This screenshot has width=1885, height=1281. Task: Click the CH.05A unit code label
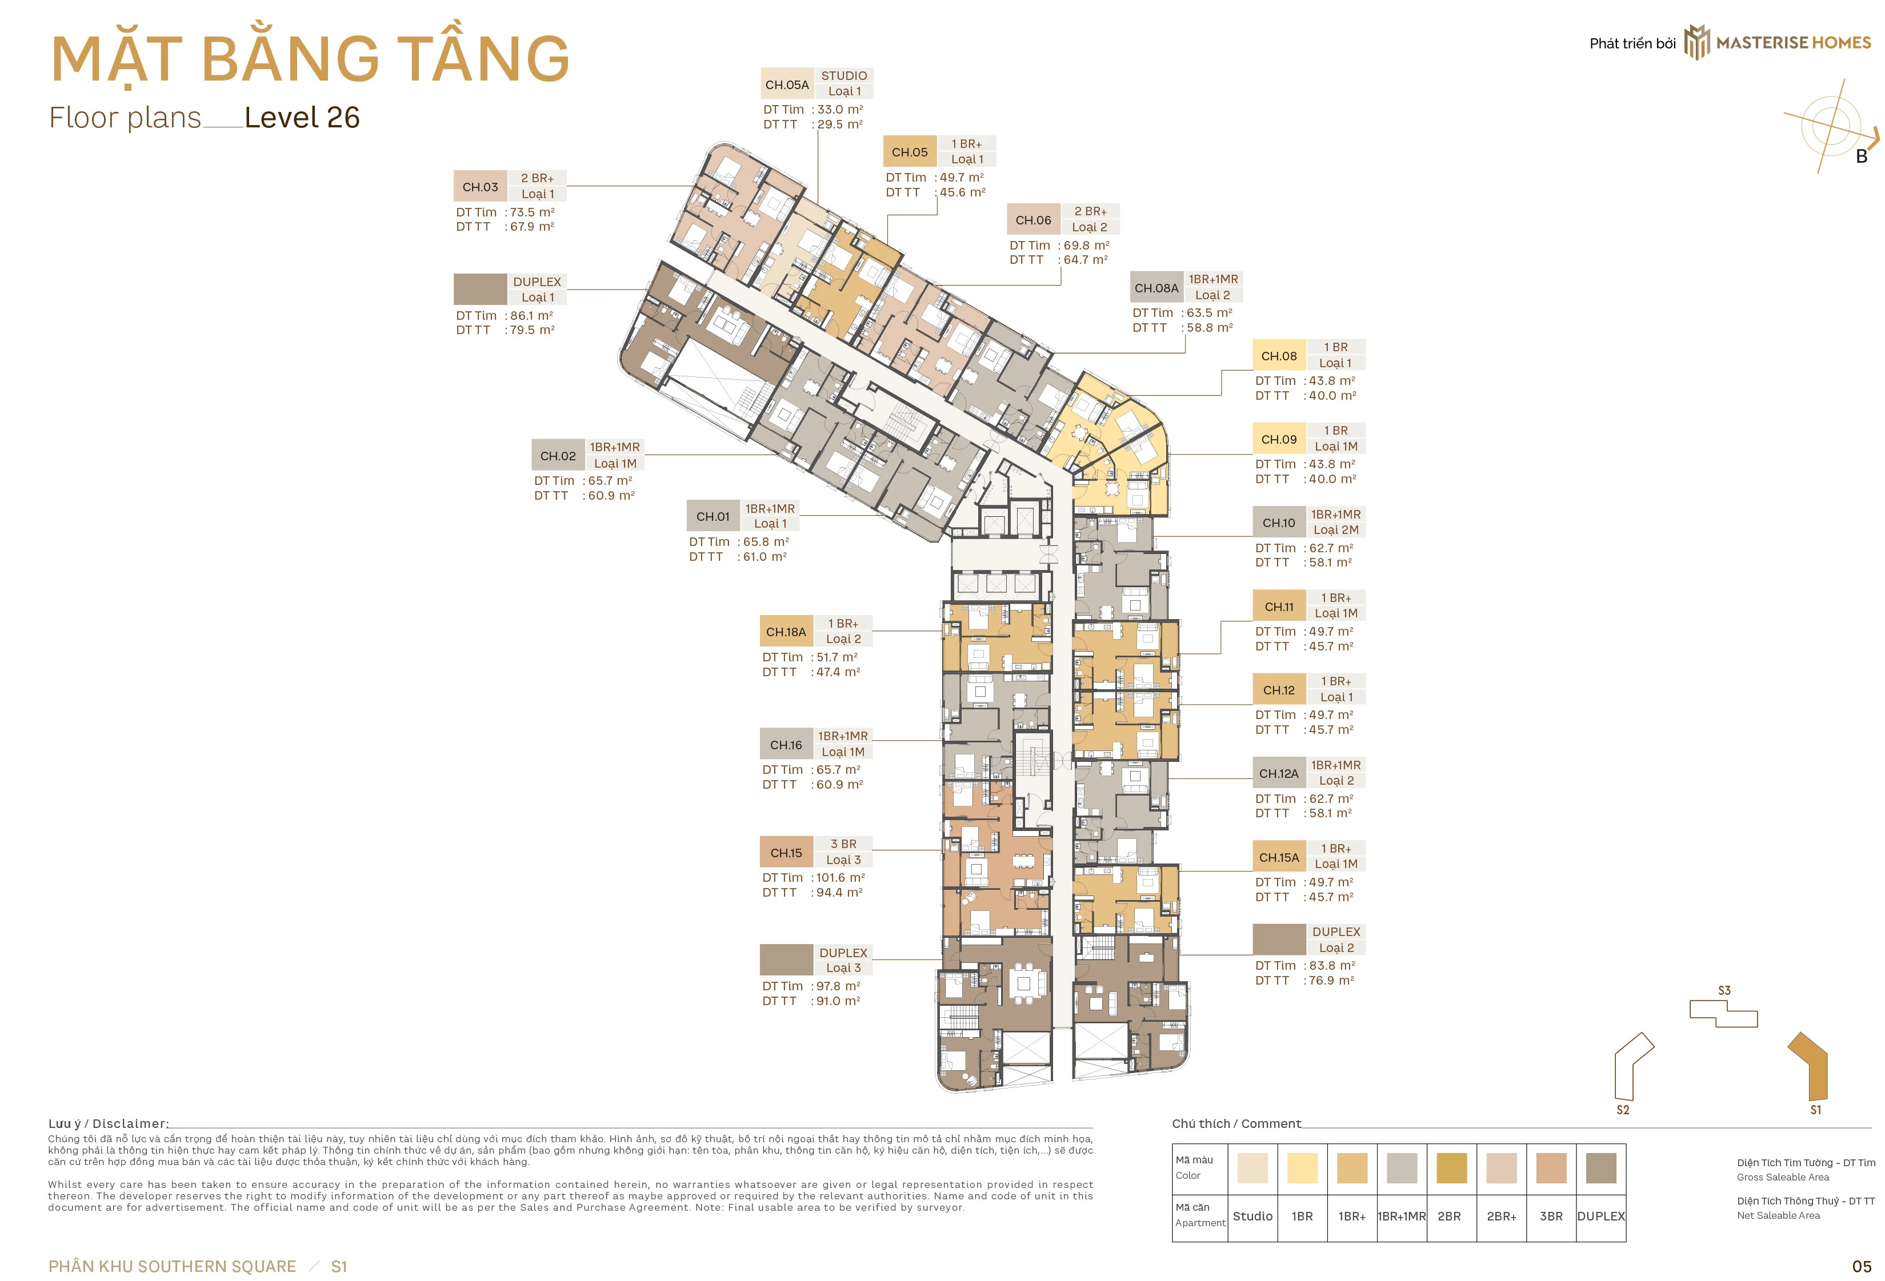[787, 85]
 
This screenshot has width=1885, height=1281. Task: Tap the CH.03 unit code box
[480, 187]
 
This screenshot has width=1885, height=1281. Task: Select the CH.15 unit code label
[786, 853]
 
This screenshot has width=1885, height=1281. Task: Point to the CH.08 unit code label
[1279, 356]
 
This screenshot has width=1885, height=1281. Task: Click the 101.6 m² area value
[841, 877]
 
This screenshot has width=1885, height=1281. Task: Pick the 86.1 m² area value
[532, 315]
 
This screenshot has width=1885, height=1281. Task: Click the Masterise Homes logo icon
[1697, 42]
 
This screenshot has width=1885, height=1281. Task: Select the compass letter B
[1862, 156]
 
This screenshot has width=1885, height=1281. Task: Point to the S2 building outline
[1632, 1067]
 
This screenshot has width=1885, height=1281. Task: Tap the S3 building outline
[1724, 1014]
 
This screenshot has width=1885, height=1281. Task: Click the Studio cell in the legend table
[1252, 1216]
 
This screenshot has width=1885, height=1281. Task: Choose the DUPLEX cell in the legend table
[1601, 1216]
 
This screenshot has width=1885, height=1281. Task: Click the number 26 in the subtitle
[342, 118]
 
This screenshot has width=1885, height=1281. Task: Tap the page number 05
[1862, 1266]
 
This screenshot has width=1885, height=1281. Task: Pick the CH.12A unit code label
[1279, 773]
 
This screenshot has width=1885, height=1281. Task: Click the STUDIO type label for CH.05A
[843, 75]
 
